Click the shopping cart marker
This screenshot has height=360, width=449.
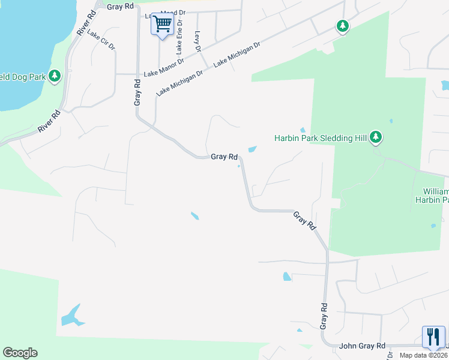[162, 25]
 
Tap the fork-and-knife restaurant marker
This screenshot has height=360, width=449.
[433, 337]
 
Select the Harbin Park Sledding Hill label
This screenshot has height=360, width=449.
[321, 138]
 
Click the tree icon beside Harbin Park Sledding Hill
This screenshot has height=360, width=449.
[376, 137]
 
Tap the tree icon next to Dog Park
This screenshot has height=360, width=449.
[55, 76]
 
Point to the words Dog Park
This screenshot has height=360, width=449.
[24, 76]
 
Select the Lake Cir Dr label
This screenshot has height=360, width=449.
[100, 40]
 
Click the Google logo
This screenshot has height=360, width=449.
[20, 353]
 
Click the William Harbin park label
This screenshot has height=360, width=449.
[432, 195]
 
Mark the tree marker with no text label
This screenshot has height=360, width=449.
[342, 26]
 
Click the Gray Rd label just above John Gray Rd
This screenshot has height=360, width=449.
[324, 316]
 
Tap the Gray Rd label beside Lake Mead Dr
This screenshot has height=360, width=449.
[121, 6]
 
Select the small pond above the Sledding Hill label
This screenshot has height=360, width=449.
[303, 130]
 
